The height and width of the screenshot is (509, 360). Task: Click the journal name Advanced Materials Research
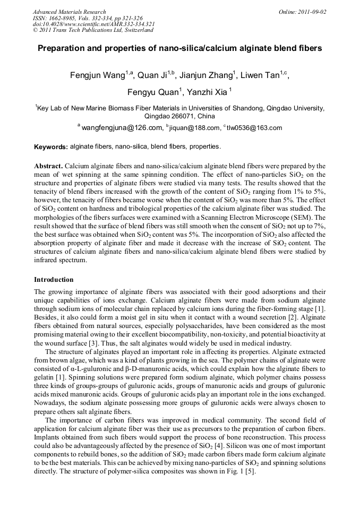click(69, 12)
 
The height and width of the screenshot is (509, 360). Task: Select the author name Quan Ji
click(154, 75)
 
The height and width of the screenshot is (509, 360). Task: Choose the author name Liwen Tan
click(260, 75)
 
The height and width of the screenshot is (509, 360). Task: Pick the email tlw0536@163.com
click(255, 128)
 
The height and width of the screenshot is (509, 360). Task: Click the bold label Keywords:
click(51, 146)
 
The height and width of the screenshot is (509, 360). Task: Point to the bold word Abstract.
click(49, 166)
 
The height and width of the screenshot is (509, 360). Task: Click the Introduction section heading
click(54, 279)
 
